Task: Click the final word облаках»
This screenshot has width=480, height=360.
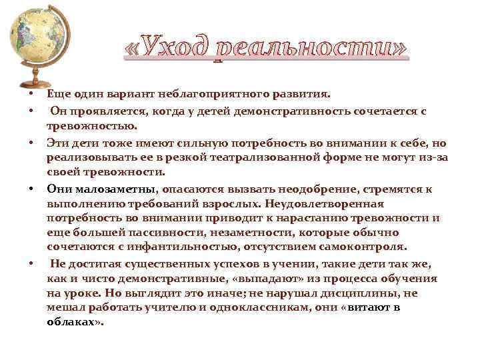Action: pyautogui.click(x=75, y=321)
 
